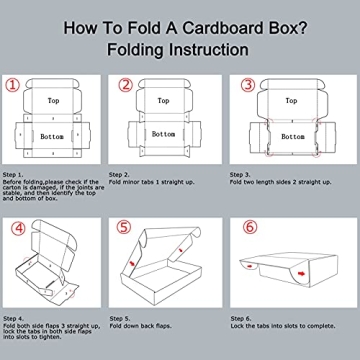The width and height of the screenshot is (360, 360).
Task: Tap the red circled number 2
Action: coord(126,86)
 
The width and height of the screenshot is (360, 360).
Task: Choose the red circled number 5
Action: coord(125,229)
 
